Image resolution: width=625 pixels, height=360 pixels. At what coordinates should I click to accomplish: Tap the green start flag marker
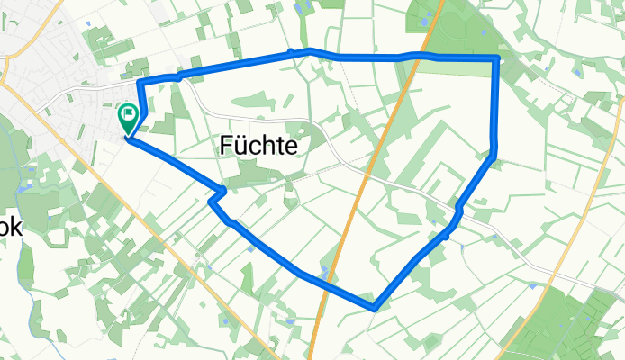click(127, 115)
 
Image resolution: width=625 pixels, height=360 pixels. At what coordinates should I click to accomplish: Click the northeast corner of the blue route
click(496, 58)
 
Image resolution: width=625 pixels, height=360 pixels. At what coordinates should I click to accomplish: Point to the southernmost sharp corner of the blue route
click(373, 308)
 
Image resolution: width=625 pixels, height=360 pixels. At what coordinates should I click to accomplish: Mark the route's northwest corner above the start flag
click(140, 82)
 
